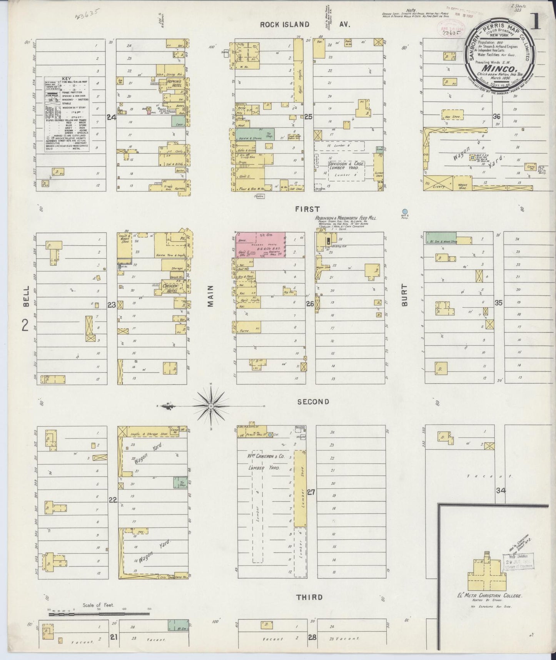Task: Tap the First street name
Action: (x=307, y=209)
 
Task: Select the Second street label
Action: (x=313, y=402)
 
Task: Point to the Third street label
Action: (x=309, y=597)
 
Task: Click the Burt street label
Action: (x=404, y=295)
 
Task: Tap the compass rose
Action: (x=211, y=406)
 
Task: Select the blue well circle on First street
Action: (x=404, y=211)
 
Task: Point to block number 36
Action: (x=496, y=117)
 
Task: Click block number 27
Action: (x=311, y=492)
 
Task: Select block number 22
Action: (x=112, y=500)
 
